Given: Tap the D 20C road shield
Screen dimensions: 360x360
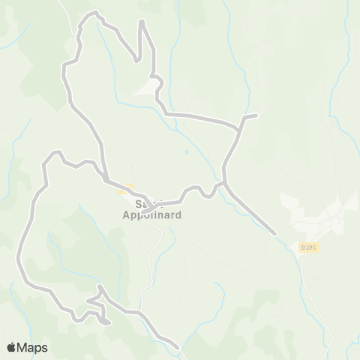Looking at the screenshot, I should click(x=307, y=247).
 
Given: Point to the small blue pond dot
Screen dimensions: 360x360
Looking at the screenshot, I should click(x=186, y=152).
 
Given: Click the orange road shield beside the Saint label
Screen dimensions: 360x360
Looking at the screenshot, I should click(x=124, y=190).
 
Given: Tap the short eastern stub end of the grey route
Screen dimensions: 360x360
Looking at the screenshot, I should click(x=256, y=115).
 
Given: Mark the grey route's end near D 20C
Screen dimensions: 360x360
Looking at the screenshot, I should click(x=275, y=234).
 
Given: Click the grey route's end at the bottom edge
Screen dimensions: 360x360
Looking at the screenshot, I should click(x=178, y=347).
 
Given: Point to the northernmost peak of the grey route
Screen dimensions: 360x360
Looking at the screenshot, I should click(x=95, y=12).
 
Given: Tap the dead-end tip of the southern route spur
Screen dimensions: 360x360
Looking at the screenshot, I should click(x=109, y=323).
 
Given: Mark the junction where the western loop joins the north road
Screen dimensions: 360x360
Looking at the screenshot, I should click(x=107, y=180).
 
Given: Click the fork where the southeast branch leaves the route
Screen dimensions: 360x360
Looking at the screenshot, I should click(x=225, y=181).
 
